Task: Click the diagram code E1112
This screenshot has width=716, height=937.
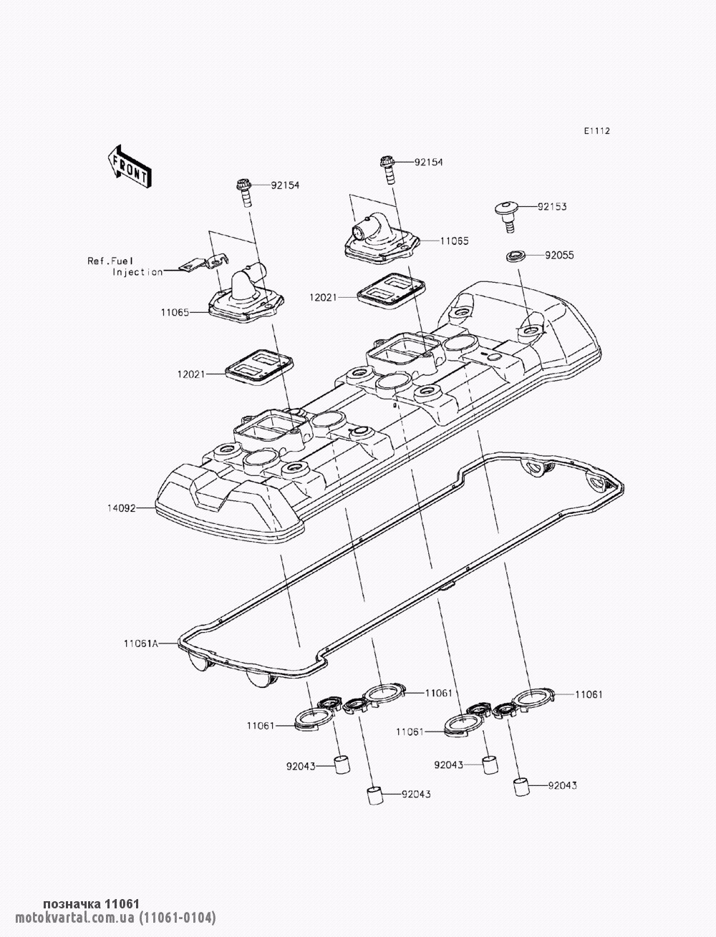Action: point(596,131)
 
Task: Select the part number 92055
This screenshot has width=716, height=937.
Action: point(558,255)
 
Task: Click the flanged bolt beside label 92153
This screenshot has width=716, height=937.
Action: point(507,215)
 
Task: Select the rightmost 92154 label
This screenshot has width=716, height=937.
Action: point(428,162)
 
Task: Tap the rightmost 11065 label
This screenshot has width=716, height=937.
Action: point(454,241)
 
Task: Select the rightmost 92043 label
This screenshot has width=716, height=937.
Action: point(562,785)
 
